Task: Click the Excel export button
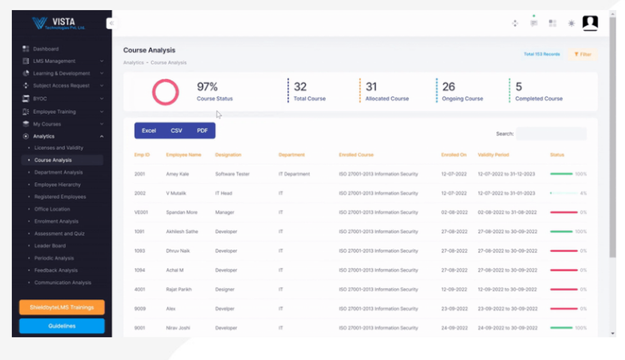click(149, 131)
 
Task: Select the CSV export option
click(176, 131)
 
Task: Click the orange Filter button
click(582, 54)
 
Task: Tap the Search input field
click(551, 134)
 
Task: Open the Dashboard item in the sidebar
click(46, 49)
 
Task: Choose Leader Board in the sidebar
click(50, 246)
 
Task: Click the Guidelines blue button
click(62, 326)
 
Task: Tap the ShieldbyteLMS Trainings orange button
click(62, 307)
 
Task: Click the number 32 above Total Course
click(300, 87)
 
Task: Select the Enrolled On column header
click(454, 154)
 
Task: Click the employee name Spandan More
click(182, 212)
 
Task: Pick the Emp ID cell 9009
click(139, 309)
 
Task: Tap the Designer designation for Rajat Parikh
click(226, 289)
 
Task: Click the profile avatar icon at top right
click(590, 23)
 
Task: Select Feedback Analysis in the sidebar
click(56, 270)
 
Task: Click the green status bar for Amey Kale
click(561, 174)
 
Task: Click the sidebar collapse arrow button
click(111, 24)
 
